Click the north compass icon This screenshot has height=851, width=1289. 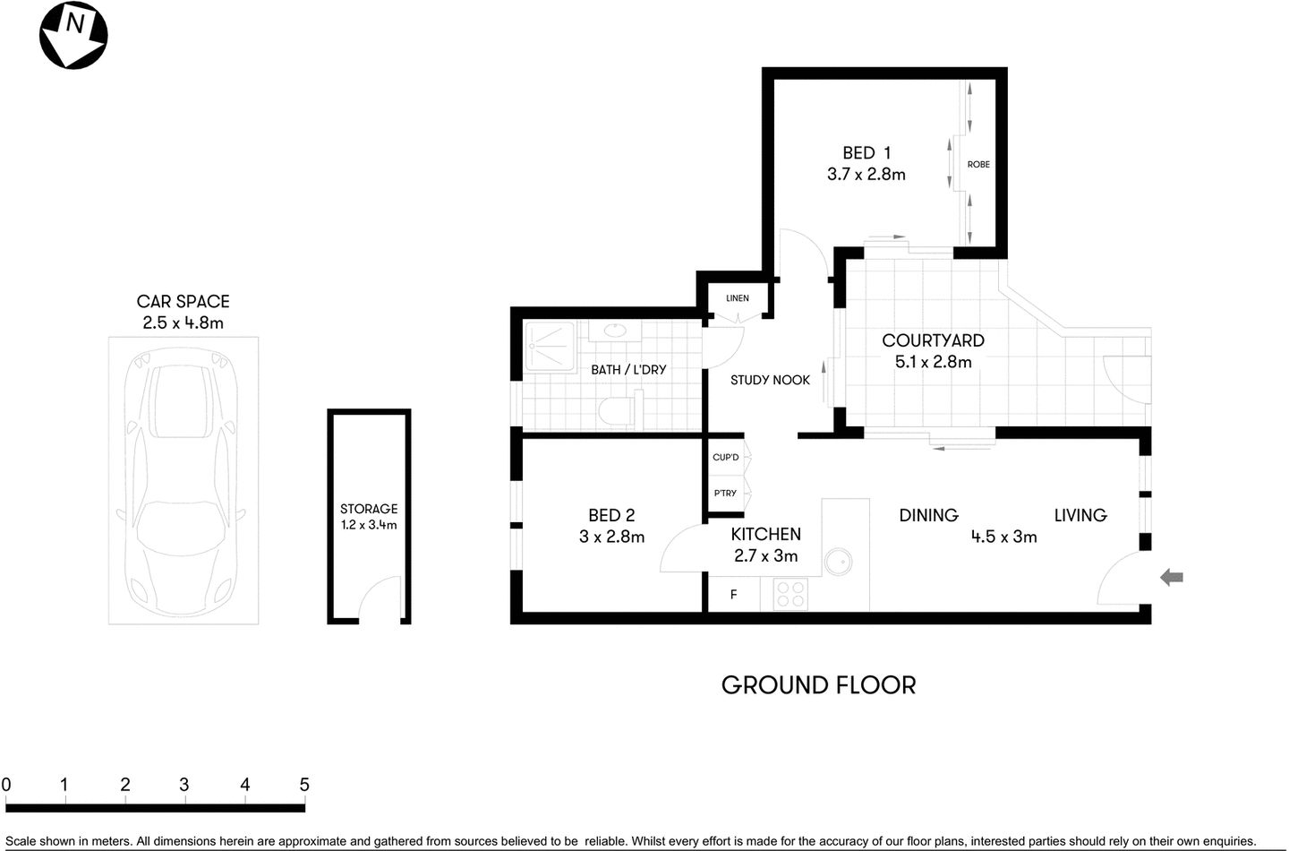coord(73,35)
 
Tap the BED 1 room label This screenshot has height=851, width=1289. coord(866,153)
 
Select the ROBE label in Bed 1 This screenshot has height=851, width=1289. coord(978,165)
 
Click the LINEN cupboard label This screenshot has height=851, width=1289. coord(738,298)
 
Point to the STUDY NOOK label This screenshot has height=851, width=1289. coord(770,381)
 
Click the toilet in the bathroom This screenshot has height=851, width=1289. coord(616,412)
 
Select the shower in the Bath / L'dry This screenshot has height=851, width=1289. coord(549,346)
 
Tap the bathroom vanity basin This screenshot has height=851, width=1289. coord(615,331)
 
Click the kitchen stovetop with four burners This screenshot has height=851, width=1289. coord(790,594)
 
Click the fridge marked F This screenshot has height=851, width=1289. coord(733,595)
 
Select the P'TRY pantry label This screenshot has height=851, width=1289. coord(725,494)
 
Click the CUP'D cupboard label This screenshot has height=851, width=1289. coord(726,458)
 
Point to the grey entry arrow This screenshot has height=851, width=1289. coord(1171,578)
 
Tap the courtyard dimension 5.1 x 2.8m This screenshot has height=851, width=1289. coord(933,362)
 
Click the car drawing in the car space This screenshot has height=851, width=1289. coord(183,479)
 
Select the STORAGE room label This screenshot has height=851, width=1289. coord(369,509)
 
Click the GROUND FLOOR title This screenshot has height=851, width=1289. coord(818,685)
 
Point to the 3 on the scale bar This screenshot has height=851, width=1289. coord(184,786)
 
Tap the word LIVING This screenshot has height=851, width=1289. coord(1080,515)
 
